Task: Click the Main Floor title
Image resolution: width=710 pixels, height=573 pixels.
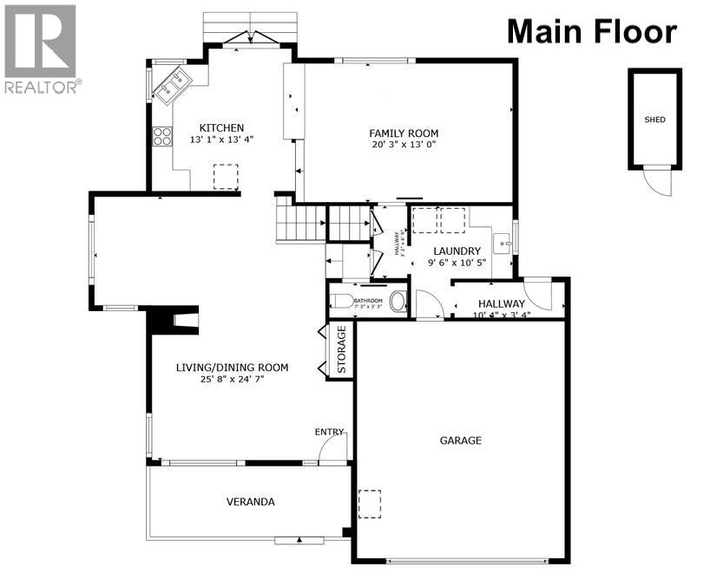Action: [x=591, y=31]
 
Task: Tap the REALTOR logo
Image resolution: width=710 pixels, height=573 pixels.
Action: [x=41, y=49]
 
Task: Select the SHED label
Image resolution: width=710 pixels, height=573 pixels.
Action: [x=655, y=120]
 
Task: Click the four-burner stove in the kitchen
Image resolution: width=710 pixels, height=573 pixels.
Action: [x=162, y=136]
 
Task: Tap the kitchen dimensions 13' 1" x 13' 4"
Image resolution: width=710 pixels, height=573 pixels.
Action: [x=221, y=140]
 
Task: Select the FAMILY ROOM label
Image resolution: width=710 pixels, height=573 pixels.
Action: [x=404, y=133]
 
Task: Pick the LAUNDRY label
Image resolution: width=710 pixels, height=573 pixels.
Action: [x=457, y=251]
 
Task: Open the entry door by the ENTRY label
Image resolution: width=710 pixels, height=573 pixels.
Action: [x=333, y=448]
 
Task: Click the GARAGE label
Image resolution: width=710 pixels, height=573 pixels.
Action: [x=460, y=440]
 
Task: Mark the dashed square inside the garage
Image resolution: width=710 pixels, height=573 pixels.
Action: [x=371, y=504]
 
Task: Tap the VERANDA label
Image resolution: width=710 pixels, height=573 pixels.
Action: [x=251, y=502]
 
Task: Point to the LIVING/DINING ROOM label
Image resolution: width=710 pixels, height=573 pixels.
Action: [x=232, y=368]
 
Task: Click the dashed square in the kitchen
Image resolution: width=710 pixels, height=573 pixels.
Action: [x=226, y=177]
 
